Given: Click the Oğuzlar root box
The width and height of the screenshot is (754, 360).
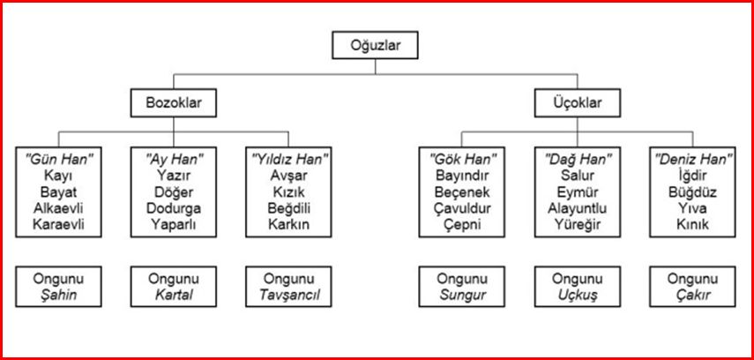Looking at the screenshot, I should click(376, 44).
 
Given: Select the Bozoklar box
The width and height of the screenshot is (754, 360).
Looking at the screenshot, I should click(174, 103).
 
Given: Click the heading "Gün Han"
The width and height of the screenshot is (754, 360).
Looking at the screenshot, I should click(61, 160).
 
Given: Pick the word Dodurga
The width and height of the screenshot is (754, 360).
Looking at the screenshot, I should click(174, 208).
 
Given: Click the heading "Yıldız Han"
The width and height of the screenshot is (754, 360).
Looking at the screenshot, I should click(288, 160).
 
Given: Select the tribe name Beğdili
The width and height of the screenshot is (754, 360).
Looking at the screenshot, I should click(288, 208).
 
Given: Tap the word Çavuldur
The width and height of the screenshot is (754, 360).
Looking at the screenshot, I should click(462, 208).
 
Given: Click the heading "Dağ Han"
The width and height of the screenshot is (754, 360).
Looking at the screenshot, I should click(577, 160).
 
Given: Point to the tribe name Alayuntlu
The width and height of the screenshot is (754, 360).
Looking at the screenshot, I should click(577, 208).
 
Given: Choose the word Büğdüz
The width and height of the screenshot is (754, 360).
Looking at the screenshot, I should click(691, 191).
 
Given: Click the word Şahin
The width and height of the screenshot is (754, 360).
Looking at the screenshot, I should click(60, 296).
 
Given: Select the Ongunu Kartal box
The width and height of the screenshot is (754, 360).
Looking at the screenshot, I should click(174, 287).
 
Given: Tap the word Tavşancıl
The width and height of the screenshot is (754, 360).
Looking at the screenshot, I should click(288, 296).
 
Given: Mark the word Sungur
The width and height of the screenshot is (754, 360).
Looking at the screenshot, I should click(462, 296).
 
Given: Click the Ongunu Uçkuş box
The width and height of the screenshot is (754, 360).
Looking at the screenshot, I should click(577, 287).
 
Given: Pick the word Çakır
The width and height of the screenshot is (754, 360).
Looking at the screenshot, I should click(691, 296).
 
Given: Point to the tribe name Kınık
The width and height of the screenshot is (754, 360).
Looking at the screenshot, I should click(691, 225).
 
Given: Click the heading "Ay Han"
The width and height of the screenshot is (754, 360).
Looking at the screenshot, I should click(174, 160).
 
